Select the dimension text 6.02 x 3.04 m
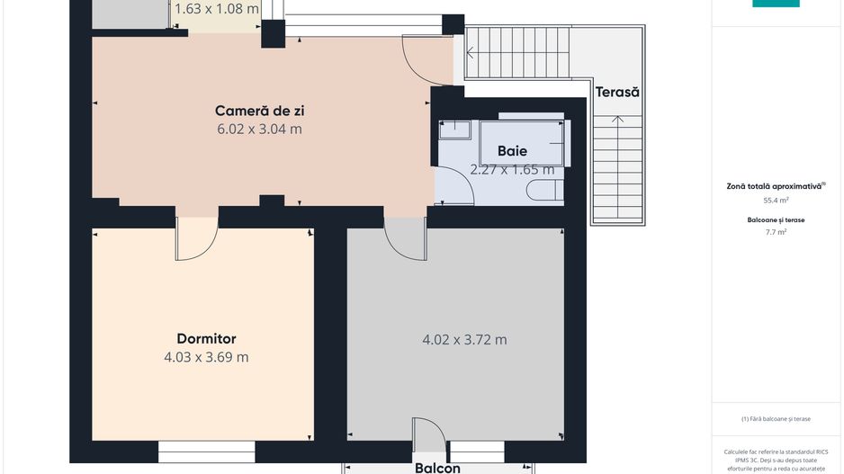pos(259,129)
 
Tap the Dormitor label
pos(206,339)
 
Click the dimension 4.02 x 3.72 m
pos(464,340)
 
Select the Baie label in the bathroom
pos(512,151)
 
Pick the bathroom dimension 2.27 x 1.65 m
pos(512,169)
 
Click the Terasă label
pos(616,92)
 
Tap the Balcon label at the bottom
pos(437,468)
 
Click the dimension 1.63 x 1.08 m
pos(216,10)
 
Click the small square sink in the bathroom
pos(454,130)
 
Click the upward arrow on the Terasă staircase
pos(618,119)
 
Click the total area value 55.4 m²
pos(775,201)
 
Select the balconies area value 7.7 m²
pos(775,232)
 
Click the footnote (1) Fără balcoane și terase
pos(776,419)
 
